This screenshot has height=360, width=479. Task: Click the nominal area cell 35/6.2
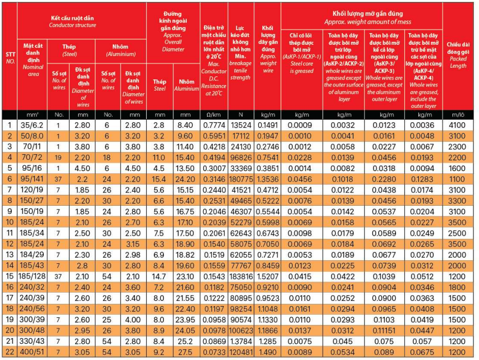point(32,125)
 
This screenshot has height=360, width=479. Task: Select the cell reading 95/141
point(32,179)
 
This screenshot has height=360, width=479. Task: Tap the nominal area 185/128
point(32,276)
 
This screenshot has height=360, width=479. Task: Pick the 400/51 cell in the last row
point(32,352)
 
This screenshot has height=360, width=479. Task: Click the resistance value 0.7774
point(214,125)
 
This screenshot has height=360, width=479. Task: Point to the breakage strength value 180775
point(241,179)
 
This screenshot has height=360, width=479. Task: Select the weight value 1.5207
point(268,276)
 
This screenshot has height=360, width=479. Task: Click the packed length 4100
point(457,125)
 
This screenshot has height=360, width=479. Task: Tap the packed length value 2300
point(457,146)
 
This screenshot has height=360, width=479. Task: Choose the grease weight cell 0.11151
point(384,330)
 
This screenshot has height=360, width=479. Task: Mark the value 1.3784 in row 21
point(241,341)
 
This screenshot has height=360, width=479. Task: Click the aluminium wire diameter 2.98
point(133,255)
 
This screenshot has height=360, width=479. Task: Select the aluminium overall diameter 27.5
point(185,352)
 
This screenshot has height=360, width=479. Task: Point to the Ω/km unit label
point(214,115)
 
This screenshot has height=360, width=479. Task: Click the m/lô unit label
point(458,115)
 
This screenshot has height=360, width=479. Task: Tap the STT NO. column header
point(10,58)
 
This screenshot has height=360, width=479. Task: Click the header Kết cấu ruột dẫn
point(72,18)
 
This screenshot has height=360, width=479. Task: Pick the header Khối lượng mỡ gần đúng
point(368,13)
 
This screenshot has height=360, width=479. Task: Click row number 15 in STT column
point(10,276)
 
